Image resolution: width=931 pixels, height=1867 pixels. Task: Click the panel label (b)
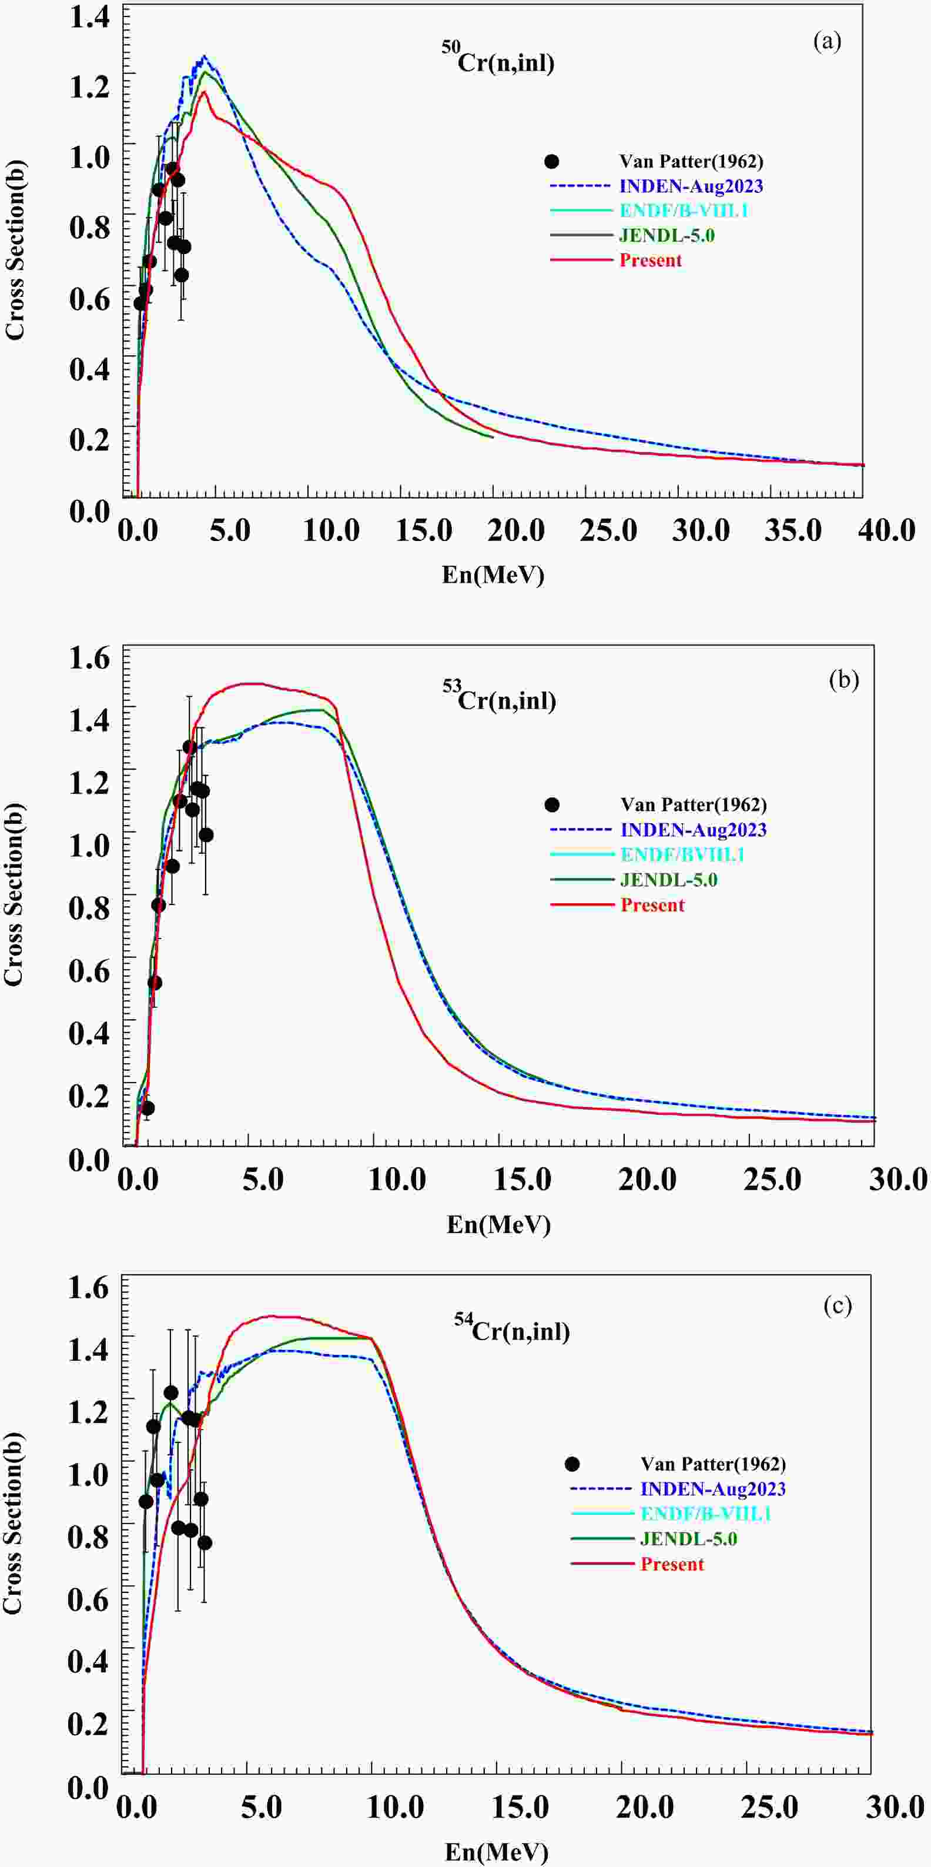click(843, 680)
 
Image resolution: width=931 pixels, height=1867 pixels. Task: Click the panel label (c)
click(838, 1305)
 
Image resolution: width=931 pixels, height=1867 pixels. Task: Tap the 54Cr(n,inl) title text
click(513, 1328)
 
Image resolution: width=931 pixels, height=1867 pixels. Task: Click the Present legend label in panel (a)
click(650, 260)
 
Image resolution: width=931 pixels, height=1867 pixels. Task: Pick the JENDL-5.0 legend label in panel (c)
click(688, 1539)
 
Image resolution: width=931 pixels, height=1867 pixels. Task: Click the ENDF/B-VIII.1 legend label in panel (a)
click(683, 211)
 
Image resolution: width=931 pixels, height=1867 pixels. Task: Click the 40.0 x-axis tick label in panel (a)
click(886, 531)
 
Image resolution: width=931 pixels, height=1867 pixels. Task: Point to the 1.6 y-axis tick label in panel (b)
click(89, 658)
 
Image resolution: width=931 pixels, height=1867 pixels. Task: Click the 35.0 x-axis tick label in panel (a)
click(793, 531)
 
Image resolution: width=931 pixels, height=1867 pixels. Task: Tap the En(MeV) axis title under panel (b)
click(498, 1224)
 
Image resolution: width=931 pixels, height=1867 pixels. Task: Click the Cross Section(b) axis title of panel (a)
click(15, 250)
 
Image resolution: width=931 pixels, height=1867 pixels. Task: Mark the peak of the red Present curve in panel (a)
click(205, 91)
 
